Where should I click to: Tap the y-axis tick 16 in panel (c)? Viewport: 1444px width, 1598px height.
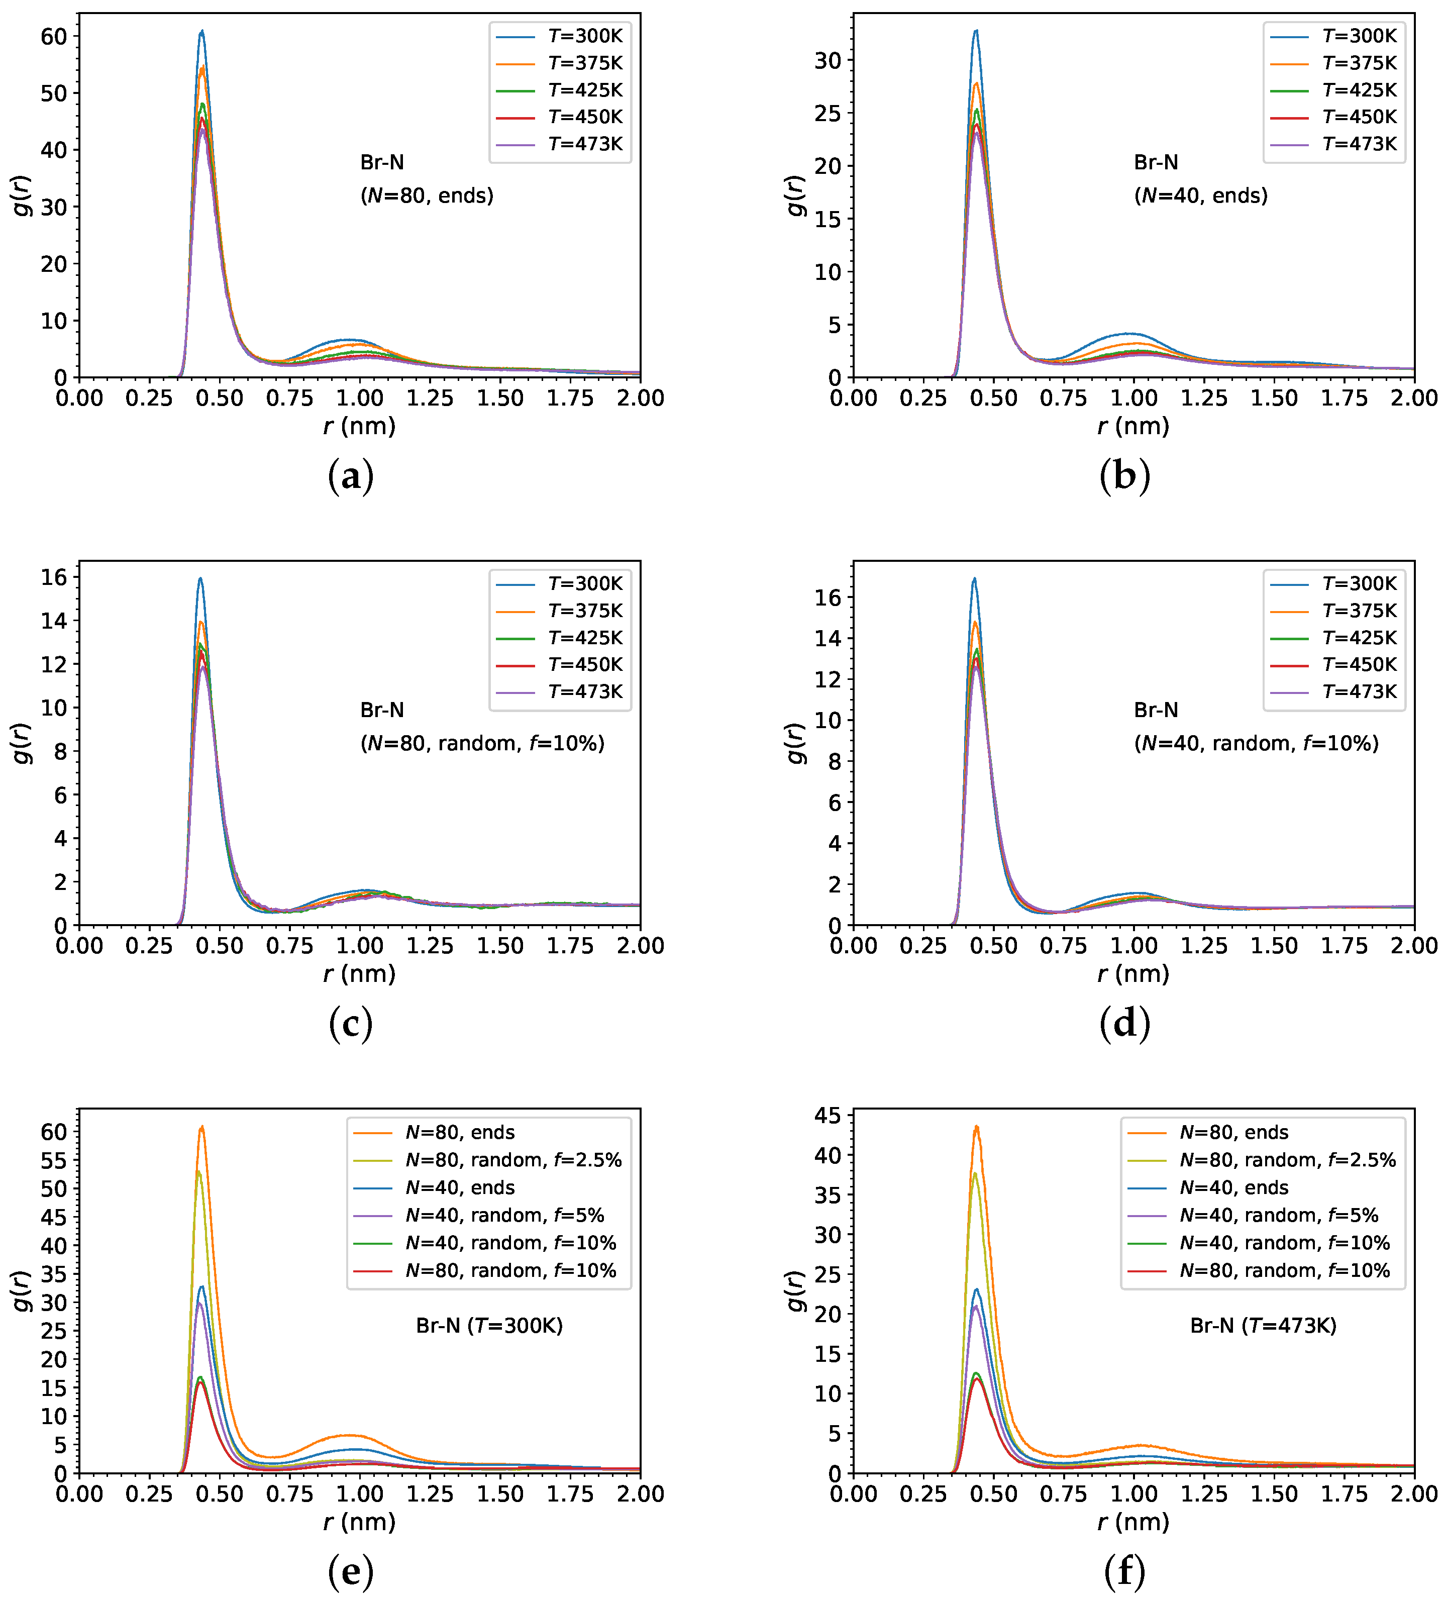point(55,578)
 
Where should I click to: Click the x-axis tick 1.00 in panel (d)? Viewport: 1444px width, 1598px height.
point(1134,946)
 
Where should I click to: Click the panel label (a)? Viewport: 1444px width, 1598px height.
point(350,476)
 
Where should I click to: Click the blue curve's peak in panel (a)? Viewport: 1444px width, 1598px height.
point(202,32)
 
